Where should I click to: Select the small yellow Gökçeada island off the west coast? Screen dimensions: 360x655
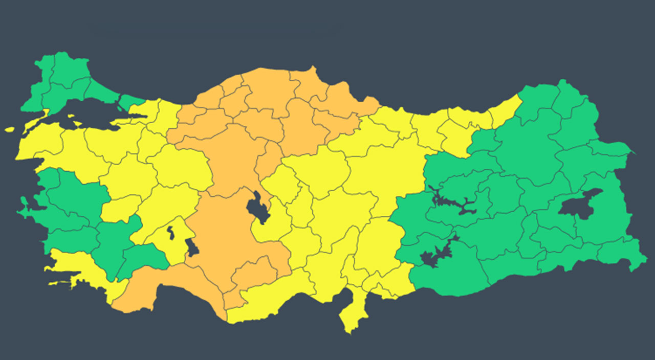click(x=10, y=130)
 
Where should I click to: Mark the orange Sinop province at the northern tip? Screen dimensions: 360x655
click(x=307, y=82)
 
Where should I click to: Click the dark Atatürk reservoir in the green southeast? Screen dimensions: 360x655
click(x=435, y=256)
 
